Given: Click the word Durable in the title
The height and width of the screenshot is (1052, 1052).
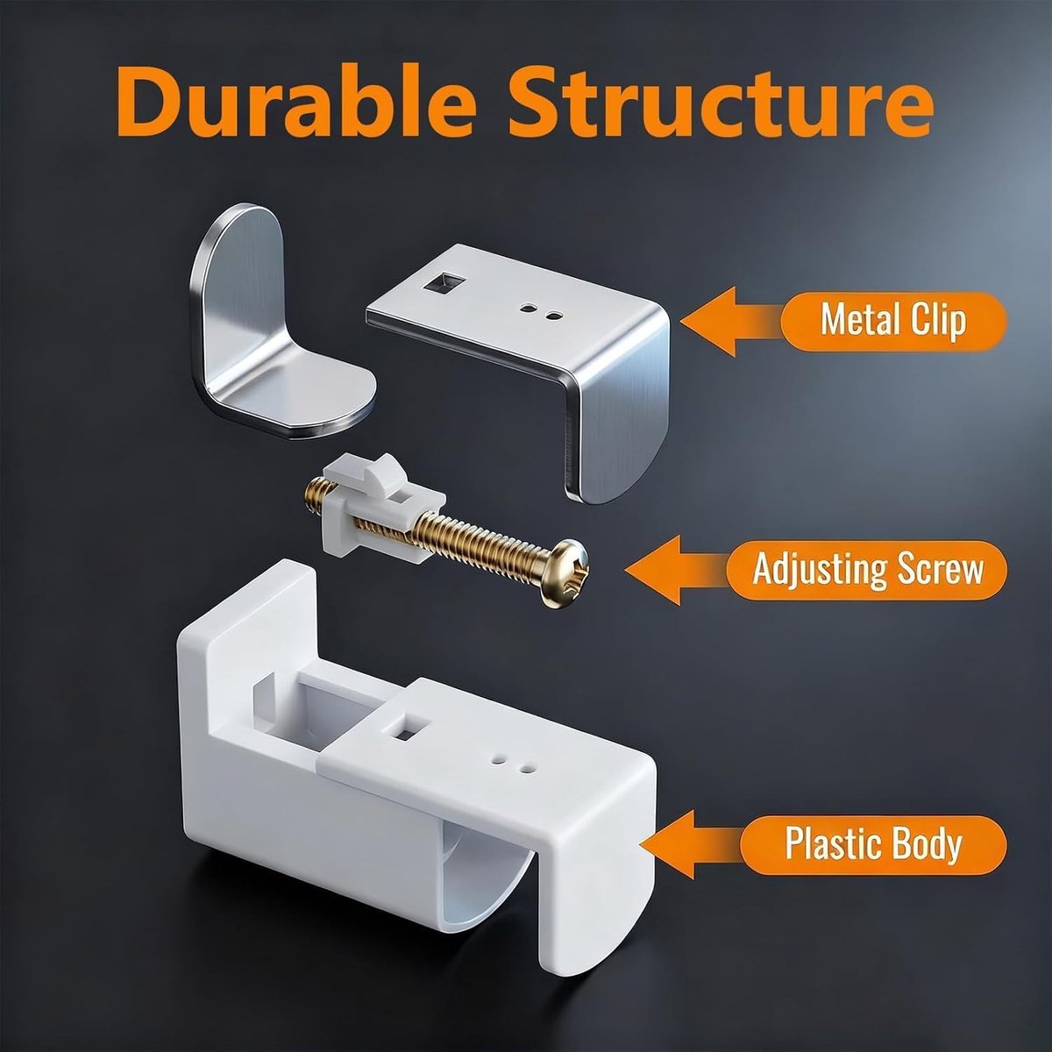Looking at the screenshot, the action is coord(295,101).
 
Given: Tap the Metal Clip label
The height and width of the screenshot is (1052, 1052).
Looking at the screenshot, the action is coord(893,321).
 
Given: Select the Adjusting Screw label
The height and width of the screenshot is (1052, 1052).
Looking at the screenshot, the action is coord(867,570).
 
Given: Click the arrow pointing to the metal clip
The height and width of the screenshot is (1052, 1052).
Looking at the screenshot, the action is coord(731,321).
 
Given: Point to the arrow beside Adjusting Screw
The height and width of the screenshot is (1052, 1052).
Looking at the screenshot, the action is coord(677,570).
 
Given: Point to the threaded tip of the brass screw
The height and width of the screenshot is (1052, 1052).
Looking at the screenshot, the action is coord(313,490).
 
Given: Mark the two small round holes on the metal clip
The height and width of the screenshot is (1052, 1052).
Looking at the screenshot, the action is coord(540,312).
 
